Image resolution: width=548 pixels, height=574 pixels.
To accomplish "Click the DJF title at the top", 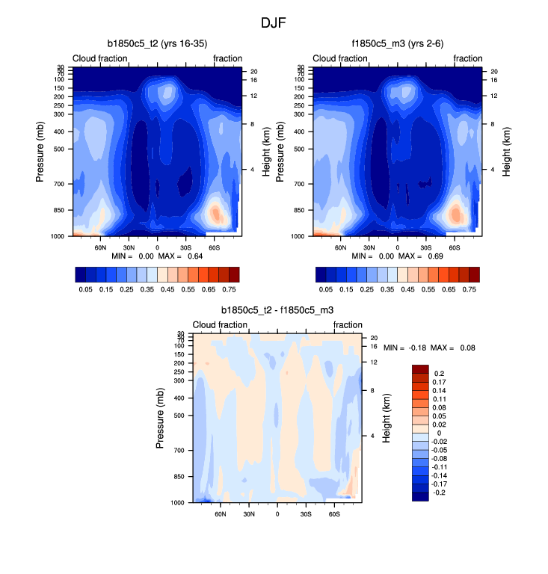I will [273, 22].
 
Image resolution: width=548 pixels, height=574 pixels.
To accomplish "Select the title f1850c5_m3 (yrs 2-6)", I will [396, 43].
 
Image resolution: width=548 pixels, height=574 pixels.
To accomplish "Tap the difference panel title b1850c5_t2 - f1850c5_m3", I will [277, 310].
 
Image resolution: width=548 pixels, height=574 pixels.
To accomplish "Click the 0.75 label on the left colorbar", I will [231, 288].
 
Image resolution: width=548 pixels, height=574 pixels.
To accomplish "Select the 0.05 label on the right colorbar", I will [325, 288].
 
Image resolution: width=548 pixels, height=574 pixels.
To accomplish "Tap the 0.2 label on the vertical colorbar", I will [440, 374].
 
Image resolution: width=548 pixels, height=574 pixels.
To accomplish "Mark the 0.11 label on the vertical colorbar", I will [442, 401].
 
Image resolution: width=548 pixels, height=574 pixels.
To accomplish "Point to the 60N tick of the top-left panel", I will [100, 247].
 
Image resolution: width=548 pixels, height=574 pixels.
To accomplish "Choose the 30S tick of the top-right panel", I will [425, 247].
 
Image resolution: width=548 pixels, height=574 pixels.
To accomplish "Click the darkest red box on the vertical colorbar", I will [419, 369].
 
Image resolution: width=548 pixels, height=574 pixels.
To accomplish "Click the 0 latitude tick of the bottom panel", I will [277, 514].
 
